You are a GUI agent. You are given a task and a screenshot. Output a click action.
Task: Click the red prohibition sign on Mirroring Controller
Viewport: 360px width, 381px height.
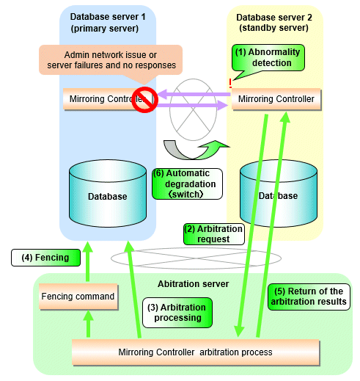(144, 100)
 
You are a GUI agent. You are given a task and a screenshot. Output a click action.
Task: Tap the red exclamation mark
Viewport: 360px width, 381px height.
(230, 84)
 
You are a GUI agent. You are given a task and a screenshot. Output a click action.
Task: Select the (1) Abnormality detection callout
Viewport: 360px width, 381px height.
(268, 58)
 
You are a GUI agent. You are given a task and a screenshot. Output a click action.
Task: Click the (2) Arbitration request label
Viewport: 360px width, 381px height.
(214, 234)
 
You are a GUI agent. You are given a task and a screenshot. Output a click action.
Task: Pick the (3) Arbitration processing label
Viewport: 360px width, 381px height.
(177, 313)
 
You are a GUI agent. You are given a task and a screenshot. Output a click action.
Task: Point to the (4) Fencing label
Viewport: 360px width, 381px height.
(45, 258)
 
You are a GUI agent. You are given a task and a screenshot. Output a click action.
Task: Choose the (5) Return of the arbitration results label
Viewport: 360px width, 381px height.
(309, 297)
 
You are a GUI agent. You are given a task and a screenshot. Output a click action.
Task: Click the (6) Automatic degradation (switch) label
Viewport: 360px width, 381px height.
(187, 184)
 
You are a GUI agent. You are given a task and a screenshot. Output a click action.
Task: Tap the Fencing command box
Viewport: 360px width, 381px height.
(78, 297)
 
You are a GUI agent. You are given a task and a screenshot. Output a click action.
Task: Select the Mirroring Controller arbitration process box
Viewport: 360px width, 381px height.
(196, 352)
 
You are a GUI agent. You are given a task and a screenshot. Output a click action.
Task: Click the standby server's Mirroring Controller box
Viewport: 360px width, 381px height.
(276, 99)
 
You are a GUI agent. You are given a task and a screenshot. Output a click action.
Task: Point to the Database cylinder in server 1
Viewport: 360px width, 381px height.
(108, 193)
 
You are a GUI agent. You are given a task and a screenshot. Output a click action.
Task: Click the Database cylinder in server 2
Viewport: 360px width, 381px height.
(279, 193)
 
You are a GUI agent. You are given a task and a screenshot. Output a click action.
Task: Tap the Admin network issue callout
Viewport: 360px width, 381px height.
(111, 60)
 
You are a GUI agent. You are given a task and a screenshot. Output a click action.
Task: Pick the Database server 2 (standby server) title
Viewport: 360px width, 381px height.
(274, 23)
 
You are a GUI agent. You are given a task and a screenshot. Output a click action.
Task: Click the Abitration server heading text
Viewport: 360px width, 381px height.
(193, 284)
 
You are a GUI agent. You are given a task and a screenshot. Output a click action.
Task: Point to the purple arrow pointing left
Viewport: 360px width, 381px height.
(194, 94)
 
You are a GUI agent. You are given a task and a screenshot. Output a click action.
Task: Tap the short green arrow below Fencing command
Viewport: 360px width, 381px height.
(88, 324)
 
